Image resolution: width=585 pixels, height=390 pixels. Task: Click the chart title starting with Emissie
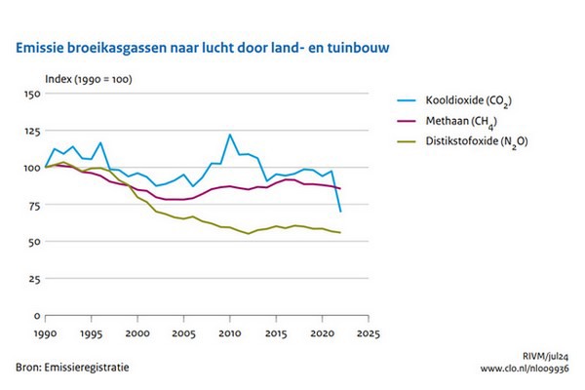coord(206,46)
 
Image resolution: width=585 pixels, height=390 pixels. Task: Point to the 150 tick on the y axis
coord(29,94)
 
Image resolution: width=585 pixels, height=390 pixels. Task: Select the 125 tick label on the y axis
coord(29,131)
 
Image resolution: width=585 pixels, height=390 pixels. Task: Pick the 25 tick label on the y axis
coord(31,280)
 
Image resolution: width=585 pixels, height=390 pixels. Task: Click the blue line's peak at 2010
coord(229,135)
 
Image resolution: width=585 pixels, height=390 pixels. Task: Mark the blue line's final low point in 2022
coord(339,212)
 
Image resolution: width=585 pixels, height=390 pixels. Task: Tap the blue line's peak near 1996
coord(99,143)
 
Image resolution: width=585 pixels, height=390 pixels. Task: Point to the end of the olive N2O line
coord(339,233)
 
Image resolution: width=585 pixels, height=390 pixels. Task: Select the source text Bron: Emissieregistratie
coord(72,368)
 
